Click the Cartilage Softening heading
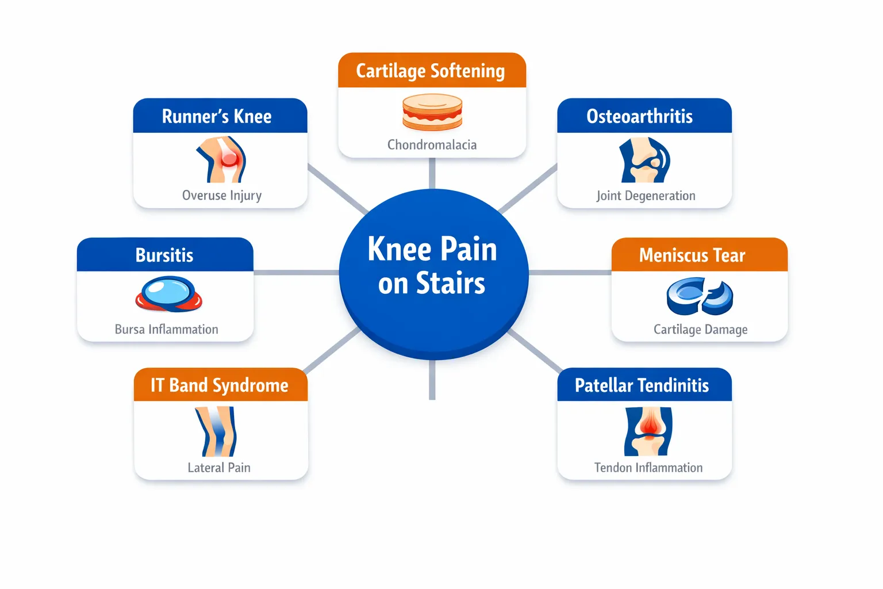(x=431, y=71)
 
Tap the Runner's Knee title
(x=217, y=116)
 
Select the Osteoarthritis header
(x=639, y=116)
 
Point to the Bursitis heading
(x=164, y=255)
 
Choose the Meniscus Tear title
(x=692, y=255)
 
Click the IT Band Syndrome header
(x=220, y=385)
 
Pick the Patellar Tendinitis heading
(x=642, y=385)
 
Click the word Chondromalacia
(x=432, y=144)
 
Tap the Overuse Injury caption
(x=222, y=196)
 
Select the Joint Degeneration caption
(x=646, y=196)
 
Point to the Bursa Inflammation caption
(x=167, y=329)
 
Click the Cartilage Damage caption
(x=700, y=329)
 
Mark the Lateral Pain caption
(x=219, y=468)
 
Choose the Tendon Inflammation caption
(x=648, y=468)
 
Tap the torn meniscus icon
(x=700, y=296)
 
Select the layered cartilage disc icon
(x=432, y=112)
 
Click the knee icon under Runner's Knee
(x=222, y=160)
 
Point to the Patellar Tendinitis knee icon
(x=648, y=431)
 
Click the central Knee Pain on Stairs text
(x=432, y=266)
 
